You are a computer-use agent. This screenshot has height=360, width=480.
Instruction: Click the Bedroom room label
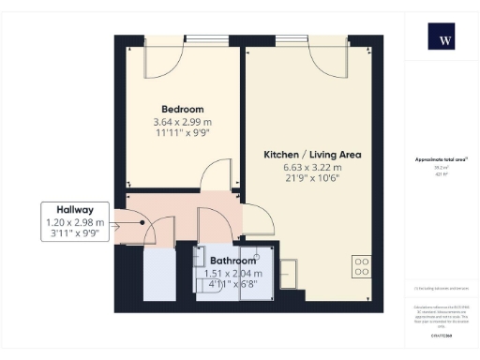pyautogui.click(x=182, y=110)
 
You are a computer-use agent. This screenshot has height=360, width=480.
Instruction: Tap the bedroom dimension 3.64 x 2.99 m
pyautogui.click(x=182, y=122)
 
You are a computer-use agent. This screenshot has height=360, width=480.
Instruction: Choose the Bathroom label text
pyautogui.click(x=233, y=261)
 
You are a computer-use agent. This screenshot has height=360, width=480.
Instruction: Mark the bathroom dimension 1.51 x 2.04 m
pyautogui.click(x=233, y=273)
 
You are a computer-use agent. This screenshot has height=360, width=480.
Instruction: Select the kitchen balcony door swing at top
pyautogui.click(x=328, y=56)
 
